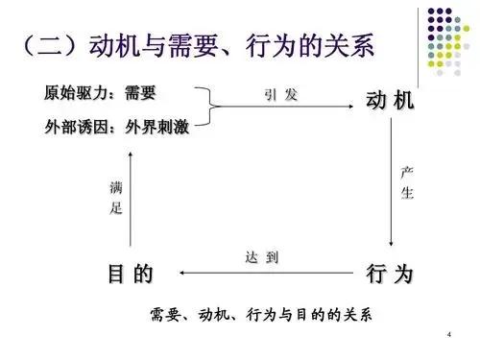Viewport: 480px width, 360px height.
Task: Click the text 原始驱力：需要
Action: (x=100, y=95)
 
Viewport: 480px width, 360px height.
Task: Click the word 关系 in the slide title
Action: (x=340, y=47)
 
